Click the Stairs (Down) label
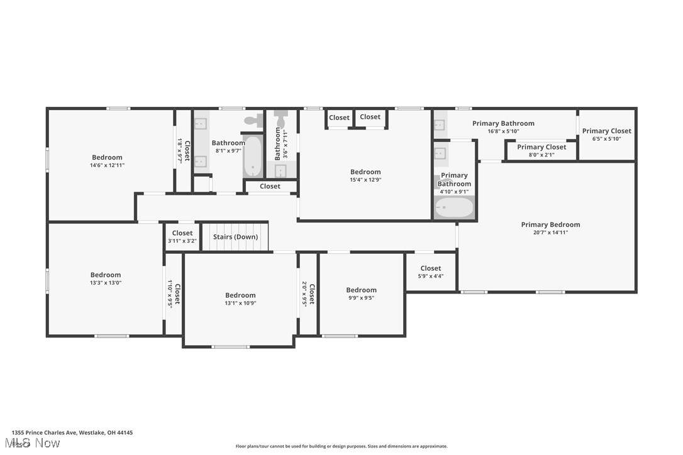(x=235, y=237)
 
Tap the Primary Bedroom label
(x=550, y=224)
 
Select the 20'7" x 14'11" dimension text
(x=550, y=233)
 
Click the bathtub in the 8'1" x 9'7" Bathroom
(x=253, y=156)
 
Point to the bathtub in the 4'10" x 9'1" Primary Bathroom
(x=454, y=207)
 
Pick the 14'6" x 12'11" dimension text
(x=107, y=165)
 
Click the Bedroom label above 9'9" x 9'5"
(x=361, y=290)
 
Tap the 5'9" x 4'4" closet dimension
(x=431, y=276)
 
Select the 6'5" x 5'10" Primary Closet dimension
(x=606, y=139)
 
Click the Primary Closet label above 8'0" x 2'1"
(x=541, y=147)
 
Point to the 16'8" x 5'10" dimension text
(x=503, y=131)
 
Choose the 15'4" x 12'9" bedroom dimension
(x=365, y=180)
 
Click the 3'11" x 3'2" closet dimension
(x=182, y=241)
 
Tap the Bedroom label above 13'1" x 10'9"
(x=240, y=295)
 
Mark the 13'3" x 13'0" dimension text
(x=106, y=283)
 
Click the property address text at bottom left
(x=72, y=432)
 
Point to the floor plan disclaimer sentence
(x=341, y=446)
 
